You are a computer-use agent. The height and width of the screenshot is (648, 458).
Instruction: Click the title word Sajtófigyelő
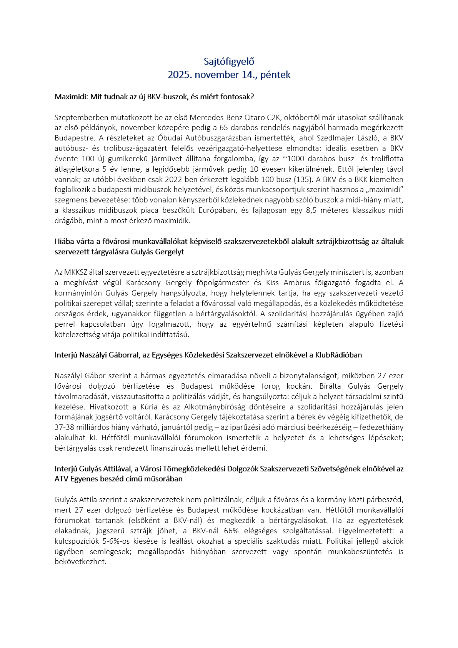[229, 62]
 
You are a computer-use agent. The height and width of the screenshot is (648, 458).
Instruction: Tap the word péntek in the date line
[275, 75]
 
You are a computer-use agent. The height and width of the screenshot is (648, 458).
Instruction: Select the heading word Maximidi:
[72, 97]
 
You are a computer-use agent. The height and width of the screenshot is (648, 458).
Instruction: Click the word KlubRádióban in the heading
[338, 355]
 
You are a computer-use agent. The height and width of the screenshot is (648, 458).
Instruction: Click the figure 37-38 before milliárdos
[65, 428]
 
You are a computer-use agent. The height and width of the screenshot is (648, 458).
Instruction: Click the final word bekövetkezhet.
[80, 562]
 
